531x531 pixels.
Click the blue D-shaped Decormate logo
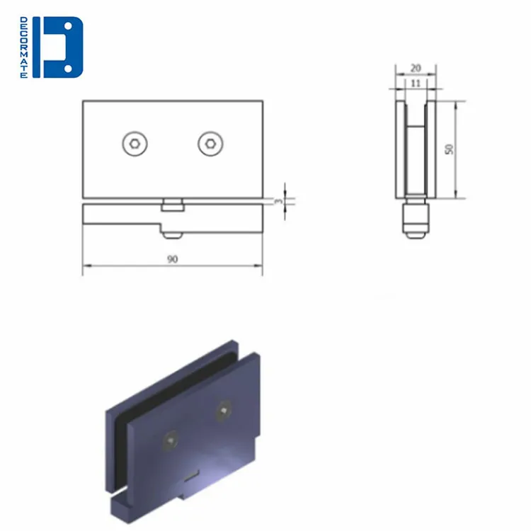pos(62,47)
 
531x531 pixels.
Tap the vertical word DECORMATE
pos(24,47)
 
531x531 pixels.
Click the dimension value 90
pos(172,259)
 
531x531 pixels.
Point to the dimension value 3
pos(280,201)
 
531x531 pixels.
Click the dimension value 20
pos(416,68)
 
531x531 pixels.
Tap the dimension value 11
pos(416,83)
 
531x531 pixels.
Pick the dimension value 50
pos(449,149)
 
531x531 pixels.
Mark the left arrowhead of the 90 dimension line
pos(86,267)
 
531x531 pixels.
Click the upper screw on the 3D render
pos(224,410)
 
